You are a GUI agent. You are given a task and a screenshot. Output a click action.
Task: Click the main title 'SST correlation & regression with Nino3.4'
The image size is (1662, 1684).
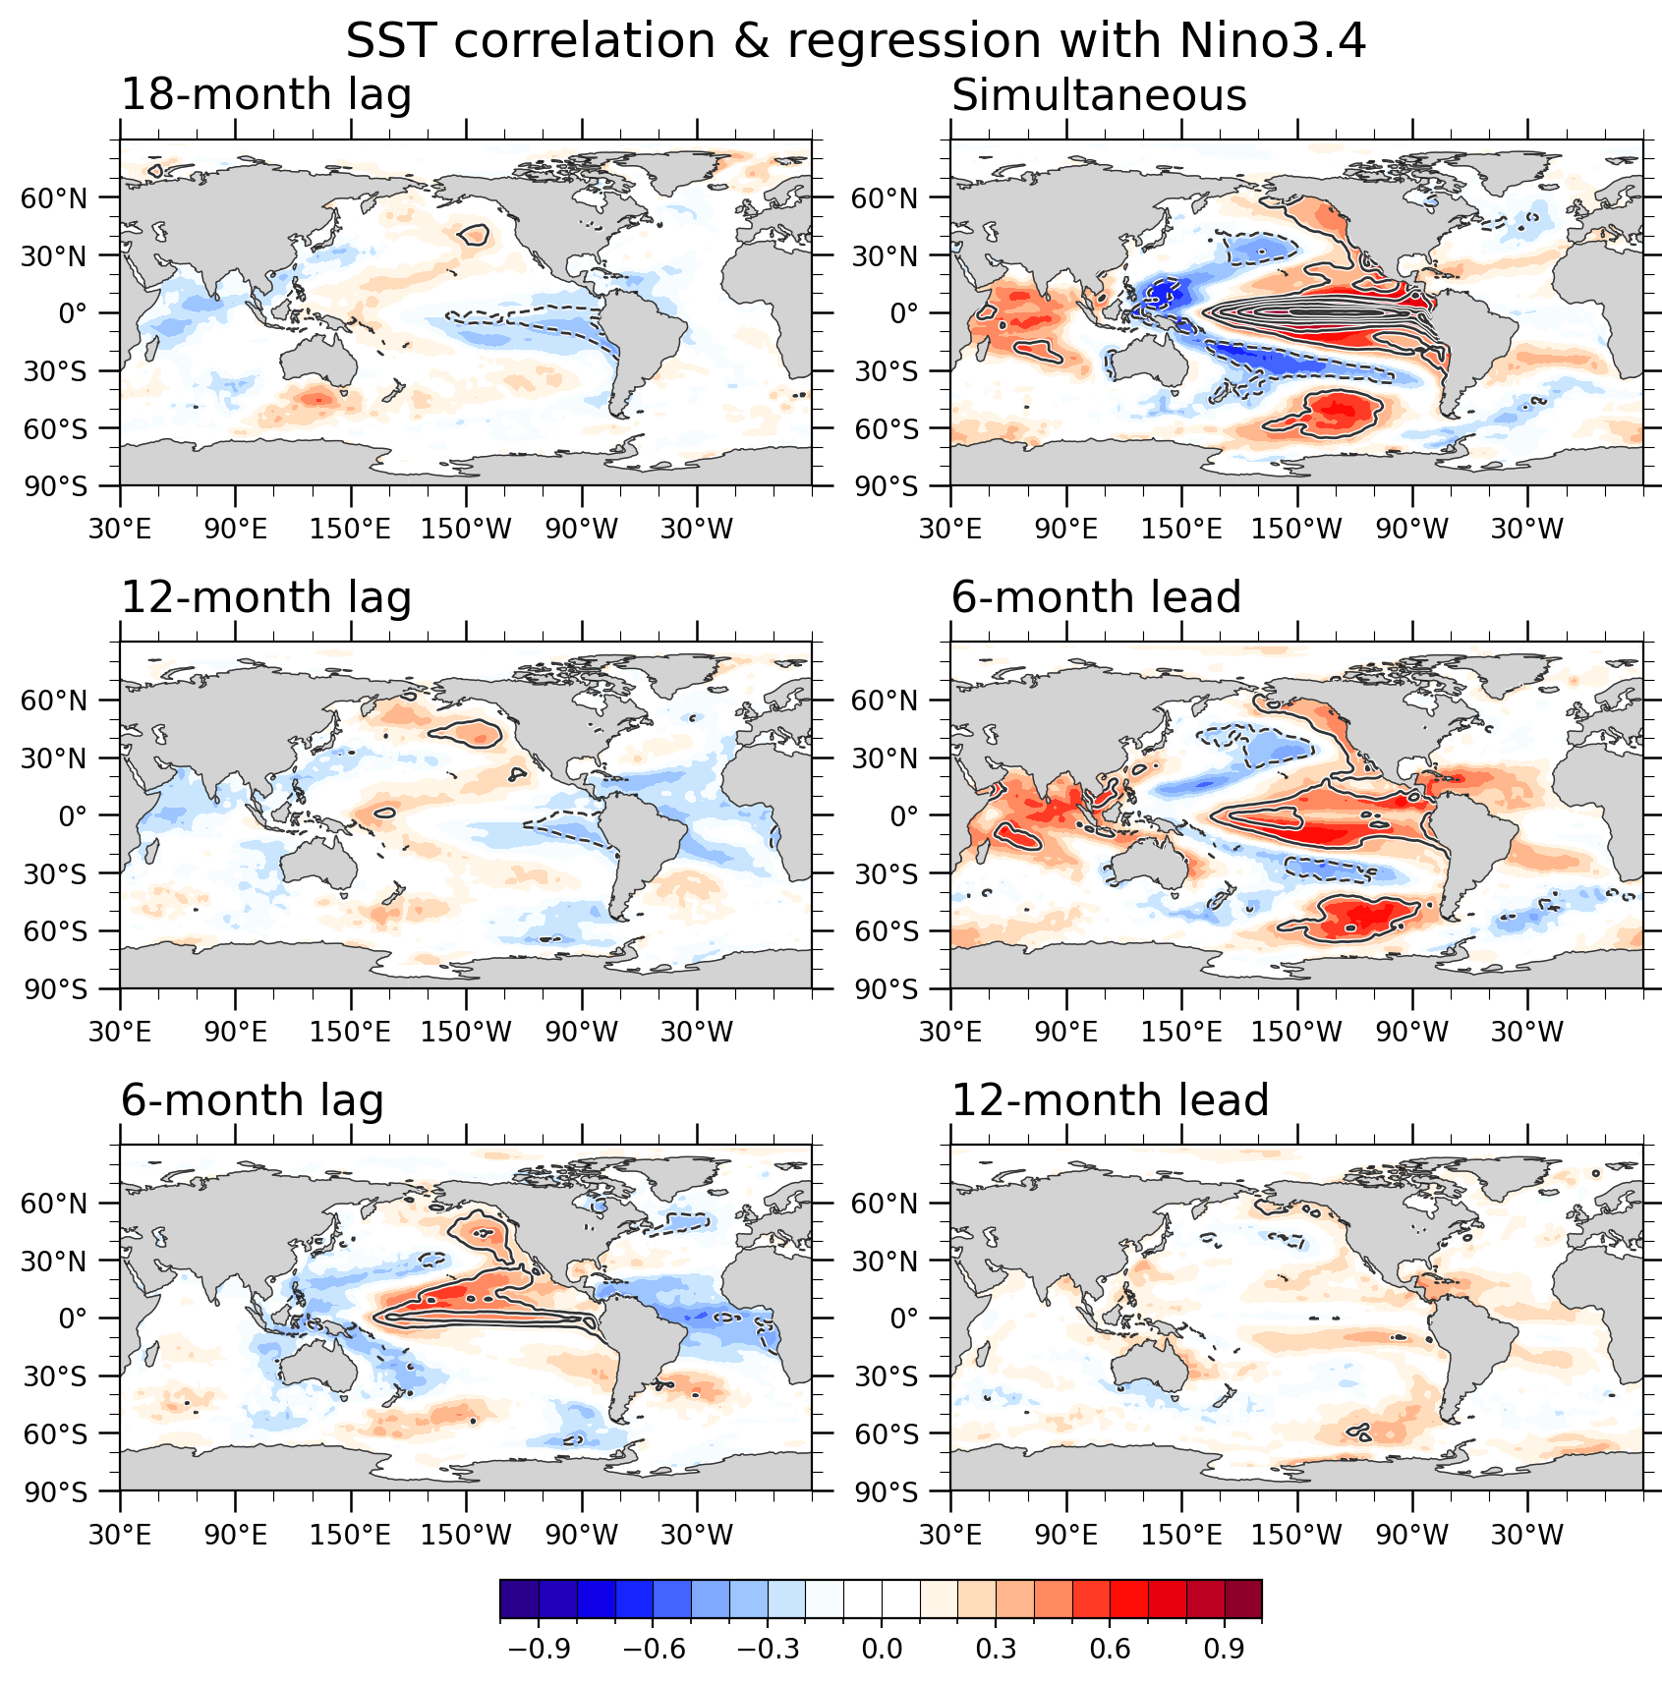click(x=855, y=41)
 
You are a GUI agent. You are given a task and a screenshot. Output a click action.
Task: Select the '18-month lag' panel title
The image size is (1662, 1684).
click(x=265, y=95)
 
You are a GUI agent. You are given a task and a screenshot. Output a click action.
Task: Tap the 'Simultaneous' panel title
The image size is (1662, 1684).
click(x=1099, y=95)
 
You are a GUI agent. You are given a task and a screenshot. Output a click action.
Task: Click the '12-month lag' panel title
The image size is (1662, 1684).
click(x=265, y=598)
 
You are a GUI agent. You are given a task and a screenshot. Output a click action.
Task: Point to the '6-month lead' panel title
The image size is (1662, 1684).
click(x=1096, y=598)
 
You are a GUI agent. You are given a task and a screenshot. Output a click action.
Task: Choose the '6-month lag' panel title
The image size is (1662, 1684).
click(x=252, y=1100)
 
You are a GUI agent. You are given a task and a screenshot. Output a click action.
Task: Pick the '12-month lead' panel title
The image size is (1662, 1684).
click(x=1110, y=1100)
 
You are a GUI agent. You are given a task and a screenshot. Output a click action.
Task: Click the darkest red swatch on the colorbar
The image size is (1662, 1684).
click(x=1243, y=1599)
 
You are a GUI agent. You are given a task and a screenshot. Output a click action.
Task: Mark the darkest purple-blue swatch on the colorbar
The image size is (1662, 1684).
click(x=519, y=1599)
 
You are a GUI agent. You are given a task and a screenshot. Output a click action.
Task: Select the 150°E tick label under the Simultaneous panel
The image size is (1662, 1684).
click(x=1181, y=530)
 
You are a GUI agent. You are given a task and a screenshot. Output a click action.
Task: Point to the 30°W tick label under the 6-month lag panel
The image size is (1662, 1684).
click(x=697, y=1535)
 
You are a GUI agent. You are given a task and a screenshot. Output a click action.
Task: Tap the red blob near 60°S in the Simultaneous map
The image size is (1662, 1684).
click(x=1339, y=412)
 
